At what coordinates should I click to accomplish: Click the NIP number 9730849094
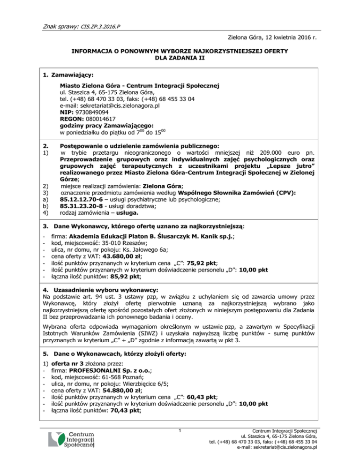[93, 113]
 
